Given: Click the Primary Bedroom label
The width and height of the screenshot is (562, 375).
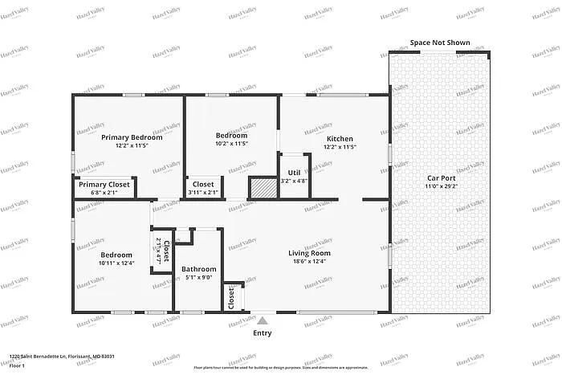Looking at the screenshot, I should [132, 137].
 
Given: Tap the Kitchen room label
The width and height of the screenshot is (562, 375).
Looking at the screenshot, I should [339, 137].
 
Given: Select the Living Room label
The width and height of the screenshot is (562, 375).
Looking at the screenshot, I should [310, 253].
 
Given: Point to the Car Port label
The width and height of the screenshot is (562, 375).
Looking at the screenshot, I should [441, 177].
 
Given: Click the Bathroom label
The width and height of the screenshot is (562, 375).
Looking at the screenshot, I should [198, 269].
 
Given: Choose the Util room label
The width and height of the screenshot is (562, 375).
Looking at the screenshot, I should [295, 172].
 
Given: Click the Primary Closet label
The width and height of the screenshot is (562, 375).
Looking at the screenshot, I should [104, 185].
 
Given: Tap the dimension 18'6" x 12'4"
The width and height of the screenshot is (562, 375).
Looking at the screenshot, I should [310, 262].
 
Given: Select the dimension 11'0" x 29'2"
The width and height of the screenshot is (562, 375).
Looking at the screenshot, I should [441, 186].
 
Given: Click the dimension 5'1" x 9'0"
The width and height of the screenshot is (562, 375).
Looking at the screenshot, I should [198, 278].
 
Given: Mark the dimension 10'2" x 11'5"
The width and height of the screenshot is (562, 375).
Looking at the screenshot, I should [231, 145].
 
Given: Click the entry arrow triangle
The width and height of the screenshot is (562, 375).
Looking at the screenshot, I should [262, 320].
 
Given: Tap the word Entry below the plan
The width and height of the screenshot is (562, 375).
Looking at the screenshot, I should [262, 332].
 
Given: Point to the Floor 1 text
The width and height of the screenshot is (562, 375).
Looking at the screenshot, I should [18, 365].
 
